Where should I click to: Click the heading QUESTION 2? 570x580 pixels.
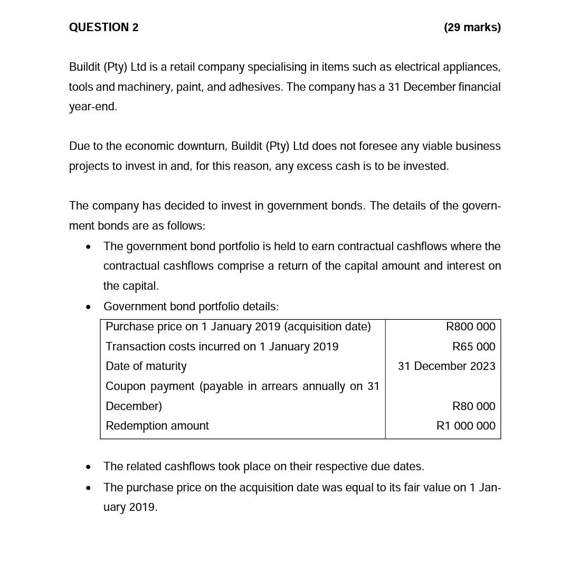click(103, 27)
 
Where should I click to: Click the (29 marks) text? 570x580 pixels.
click(472, 27)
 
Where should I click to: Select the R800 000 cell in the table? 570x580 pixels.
click(470, 327)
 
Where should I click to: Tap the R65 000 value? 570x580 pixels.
click(473, 347)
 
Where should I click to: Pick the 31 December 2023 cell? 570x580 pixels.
click(446, 366)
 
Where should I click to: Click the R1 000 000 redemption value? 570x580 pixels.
click(465, 426)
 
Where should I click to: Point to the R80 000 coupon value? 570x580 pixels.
click(473, 406)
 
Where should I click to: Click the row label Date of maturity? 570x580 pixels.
click(146, 366)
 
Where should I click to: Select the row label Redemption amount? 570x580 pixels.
click(157, 426)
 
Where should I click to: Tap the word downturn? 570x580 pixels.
click(202, 146)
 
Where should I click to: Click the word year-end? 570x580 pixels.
click(93, 107)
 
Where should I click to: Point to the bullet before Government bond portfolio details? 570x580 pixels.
click(88, 307)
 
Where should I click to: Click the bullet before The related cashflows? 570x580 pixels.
click(88, 467)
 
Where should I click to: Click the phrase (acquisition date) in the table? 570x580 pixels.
click(327, 327)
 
